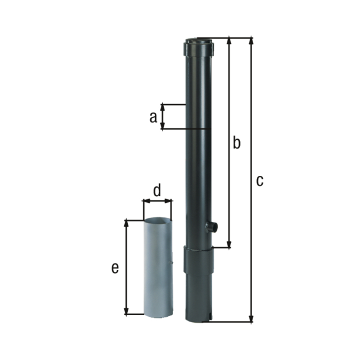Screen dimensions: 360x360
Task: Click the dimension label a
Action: tap(153, 117)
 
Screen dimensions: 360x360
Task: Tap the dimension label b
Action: tap(236, 143)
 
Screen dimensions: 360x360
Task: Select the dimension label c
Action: tap(259, 180)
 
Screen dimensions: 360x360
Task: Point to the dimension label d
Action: tap(157, 191)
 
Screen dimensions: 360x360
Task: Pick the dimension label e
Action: tap(115, 268)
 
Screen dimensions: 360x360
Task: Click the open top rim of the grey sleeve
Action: tap(158, 221)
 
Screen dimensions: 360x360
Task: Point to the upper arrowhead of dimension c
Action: tap(251, 41)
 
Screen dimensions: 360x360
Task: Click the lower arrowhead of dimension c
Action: tap(251, 319)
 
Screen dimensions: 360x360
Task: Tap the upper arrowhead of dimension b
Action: tap(229, 41)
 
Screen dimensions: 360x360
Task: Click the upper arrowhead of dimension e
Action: tap(126, 223)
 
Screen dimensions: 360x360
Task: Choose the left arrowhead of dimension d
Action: tap(145, 201)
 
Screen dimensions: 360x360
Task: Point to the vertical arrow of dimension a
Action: tap(163, 116)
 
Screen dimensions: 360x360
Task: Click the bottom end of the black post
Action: tap(199, 319)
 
